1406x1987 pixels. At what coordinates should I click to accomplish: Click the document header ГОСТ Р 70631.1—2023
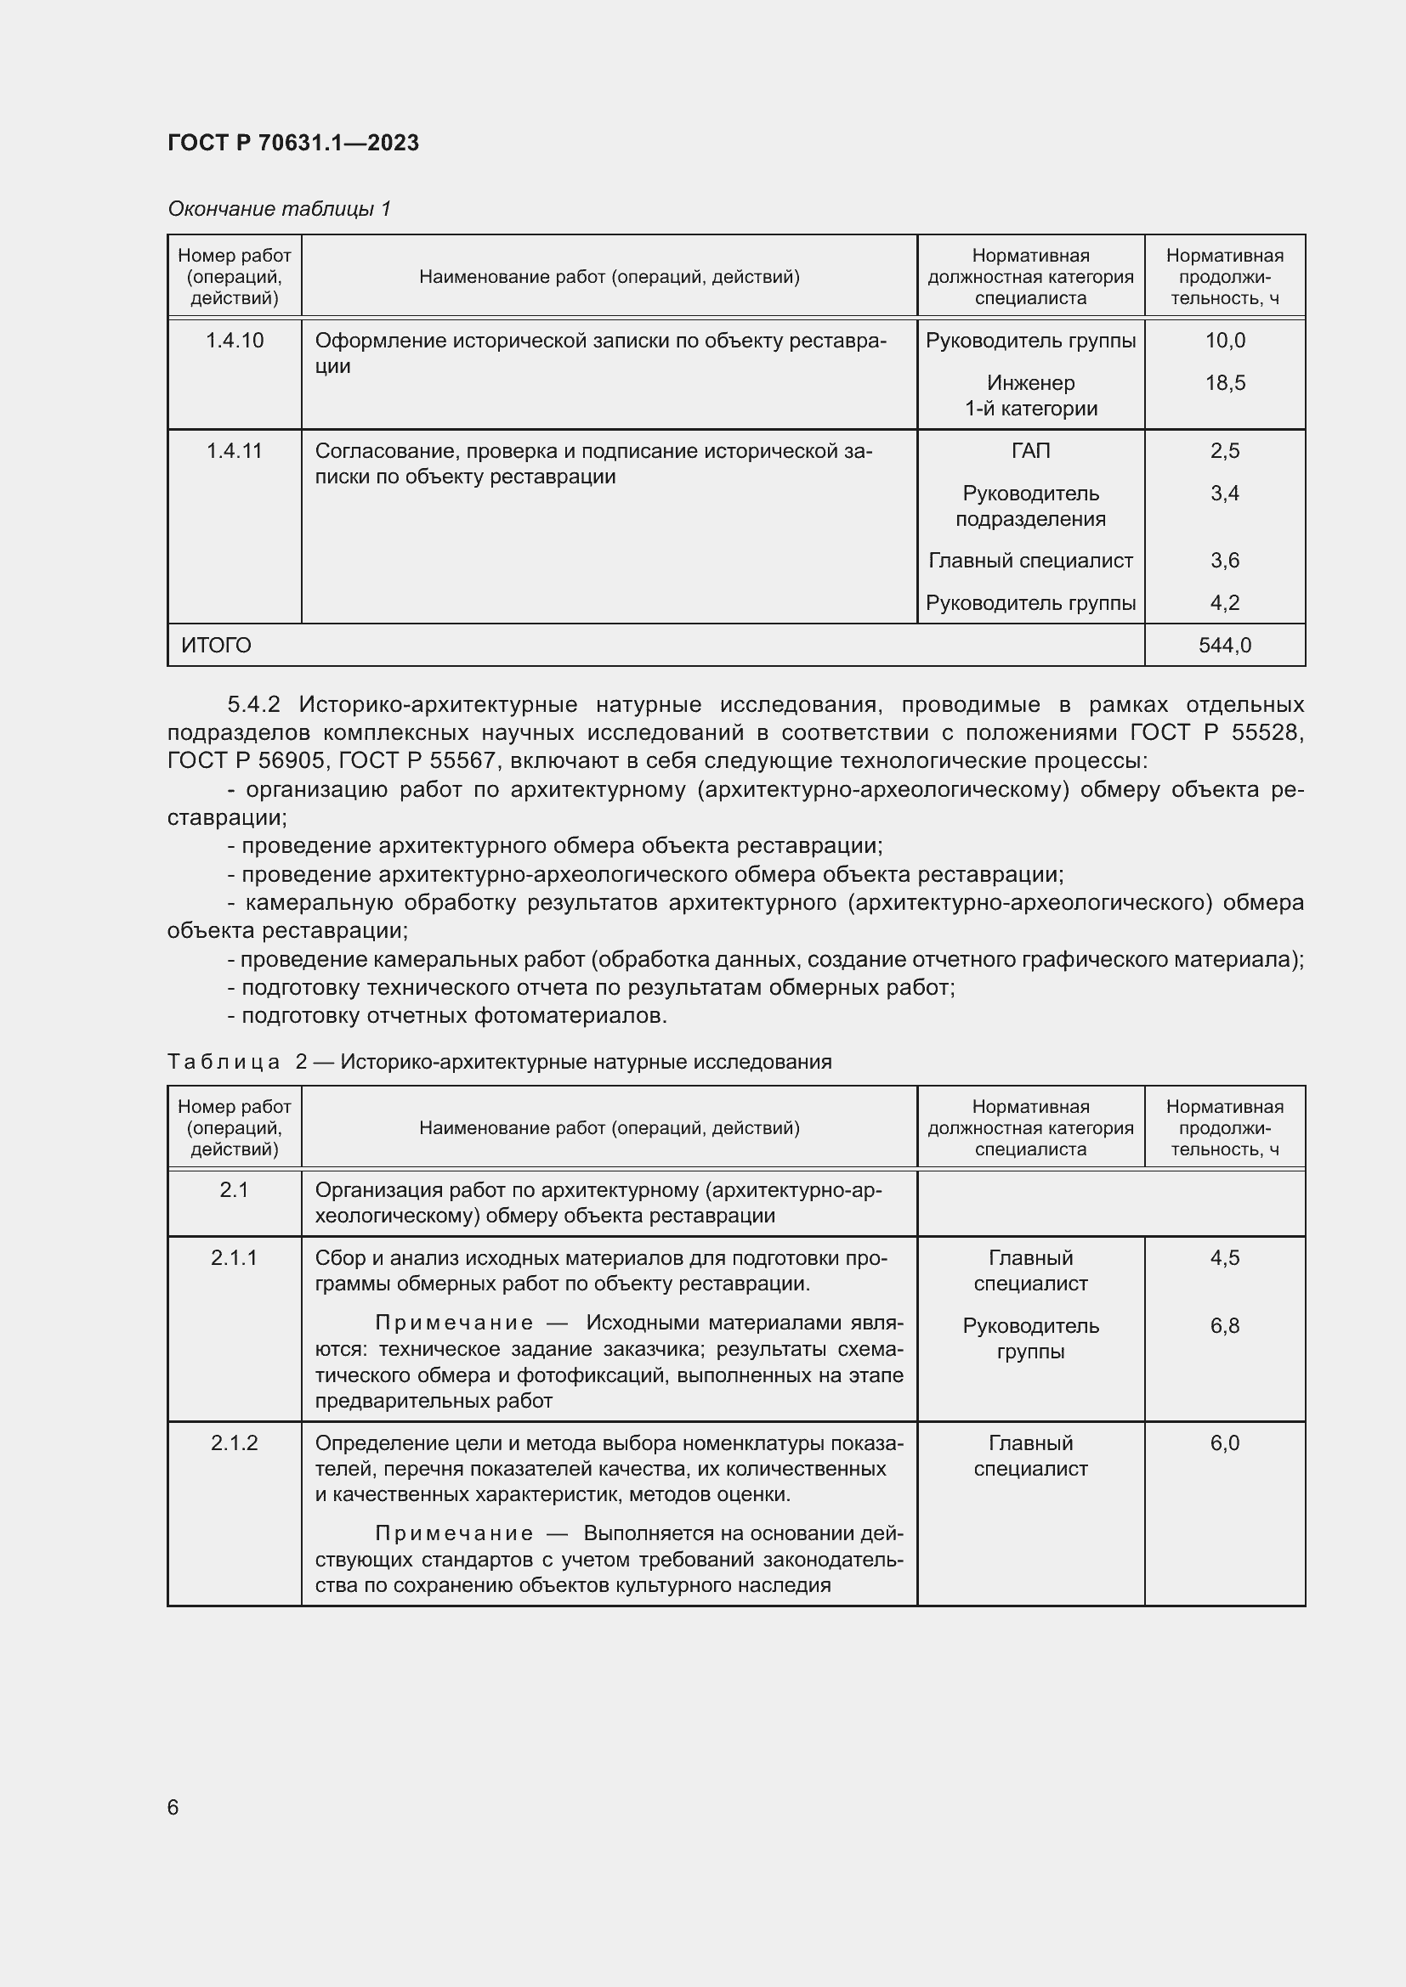point(292,143)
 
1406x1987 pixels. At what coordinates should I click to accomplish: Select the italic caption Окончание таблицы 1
point(279,209)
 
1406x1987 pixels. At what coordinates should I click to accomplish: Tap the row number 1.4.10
point(235,340)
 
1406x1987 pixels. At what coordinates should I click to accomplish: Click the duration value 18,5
point(1224,382)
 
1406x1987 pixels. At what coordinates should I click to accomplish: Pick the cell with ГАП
point(1030,451)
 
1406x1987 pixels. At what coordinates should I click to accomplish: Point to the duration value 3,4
point(1224,494)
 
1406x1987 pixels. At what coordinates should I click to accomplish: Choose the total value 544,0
point(1224,645)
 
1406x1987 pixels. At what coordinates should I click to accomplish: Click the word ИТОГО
point(217,645)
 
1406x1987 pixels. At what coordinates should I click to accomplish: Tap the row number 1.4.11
point(235,451)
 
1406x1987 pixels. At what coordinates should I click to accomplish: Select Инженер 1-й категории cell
point(1030,396)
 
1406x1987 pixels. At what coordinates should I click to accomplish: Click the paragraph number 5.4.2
point(253,704)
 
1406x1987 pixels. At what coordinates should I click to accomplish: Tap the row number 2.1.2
point(235,1442)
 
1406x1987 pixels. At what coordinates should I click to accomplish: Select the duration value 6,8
point(1224,1326)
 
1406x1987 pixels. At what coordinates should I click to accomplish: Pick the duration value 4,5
point(1224,1257)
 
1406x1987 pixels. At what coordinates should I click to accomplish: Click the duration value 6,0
point(1224,1442)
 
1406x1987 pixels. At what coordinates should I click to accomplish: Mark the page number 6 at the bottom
point(173,1807)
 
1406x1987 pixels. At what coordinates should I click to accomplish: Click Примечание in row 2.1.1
point(454,1324)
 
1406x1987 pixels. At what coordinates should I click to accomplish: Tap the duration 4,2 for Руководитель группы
point(1224,603)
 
